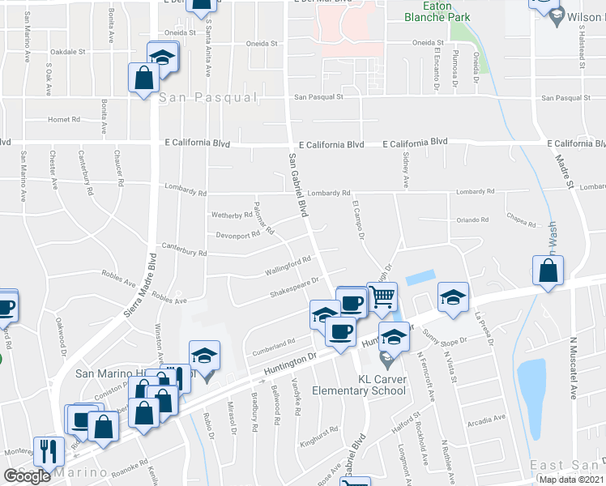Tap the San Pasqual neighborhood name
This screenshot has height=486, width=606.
point(207,97)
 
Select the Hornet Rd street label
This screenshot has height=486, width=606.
point(65,119)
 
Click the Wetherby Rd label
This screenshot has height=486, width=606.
point(232,215)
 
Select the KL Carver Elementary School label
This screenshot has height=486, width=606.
point(383,384)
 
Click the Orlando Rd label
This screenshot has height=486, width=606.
point(473,220)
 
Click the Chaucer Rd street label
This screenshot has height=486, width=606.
point(118,168)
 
